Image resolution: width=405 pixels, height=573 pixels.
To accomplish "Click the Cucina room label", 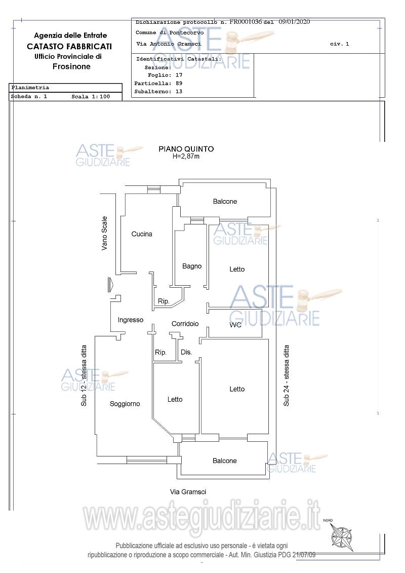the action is [x=142, y=234].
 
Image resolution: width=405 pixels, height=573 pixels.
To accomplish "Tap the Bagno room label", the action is [x=192, y=266].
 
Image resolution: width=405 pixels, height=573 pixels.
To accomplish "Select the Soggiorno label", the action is [x=125, y=404].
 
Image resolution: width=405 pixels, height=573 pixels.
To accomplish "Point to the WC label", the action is [x=235, y=325].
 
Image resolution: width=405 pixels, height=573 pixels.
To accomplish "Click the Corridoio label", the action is [x=185, y=324].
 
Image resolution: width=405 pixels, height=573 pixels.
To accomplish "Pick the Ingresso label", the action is [x=131, y=320].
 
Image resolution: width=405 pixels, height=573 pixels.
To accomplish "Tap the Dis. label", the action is [x=186, y=352].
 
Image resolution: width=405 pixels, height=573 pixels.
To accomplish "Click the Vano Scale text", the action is [x=104, y=233].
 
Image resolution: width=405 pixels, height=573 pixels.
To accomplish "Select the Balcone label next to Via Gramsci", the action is [x=225, y=461].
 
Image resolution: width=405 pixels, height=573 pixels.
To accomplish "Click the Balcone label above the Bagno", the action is [x=225, y=201].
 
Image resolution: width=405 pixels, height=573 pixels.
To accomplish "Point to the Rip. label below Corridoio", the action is [x=160, y=352].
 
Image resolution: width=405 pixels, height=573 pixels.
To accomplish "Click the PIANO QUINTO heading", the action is [x=186, y=149].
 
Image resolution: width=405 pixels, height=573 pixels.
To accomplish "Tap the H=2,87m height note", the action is [x=186, y=157].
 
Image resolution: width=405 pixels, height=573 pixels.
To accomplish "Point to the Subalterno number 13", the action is [x=179, y=92].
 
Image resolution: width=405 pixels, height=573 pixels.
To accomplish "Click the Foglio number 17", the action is [x=179, y=75].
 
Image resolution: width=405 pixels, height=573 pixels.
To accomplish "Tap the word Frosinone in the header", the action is [x=71, y=66].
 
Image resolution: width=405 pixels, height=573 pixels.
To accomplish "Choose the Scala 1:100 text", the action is [x=91, y=97].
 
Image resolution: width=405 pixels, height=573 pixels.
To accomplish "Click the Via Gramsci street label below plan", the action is [x=188, y=492].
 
